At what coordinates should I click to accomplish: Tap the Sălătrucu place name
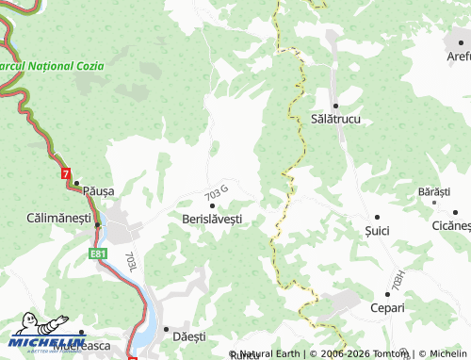point(335,121)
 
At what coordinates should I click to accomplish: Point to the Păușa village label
point(98,190)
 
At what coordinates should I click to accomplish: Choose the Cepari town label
point(386,308)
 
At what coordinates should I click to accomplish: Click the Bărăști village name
point(433,191)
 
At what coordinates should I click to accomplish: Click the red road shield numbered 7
point(64,174)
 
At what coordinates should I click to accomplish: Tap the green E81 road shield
point(99,254)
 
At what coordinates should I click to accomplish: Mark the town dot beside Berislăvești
point(212,205)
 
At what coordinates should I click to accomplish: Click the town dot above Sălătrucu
point(334,106)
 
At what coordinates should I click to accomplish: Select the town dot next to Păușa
point(77,183)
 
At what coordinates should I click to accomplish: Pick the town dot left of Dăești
point(165,331)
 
